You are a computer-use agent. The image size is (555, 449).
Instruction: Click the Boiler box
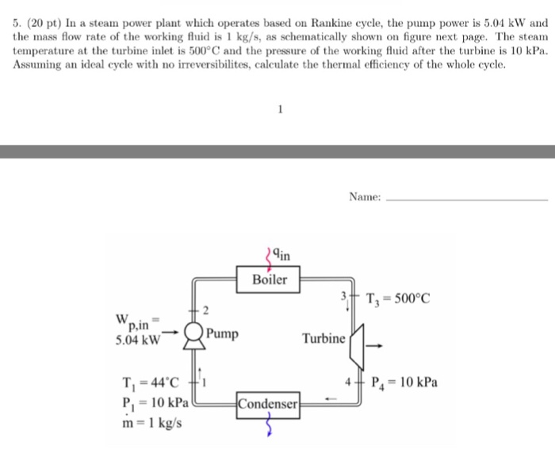coord(269,280)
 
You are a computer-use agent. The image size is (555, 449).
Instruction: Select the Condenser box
coord(268,404)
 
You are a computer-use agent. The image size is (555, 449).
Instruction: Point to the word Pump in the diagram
coord(223,333)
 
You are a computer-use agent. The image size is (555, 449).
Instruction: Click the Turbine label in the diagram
coord(323,339)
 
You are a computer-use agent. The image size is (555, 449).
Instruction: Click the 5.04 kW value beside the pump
coord(137,341)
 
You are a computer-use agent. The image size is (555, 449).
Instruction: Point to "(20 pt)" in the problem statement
coord(45,23)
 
